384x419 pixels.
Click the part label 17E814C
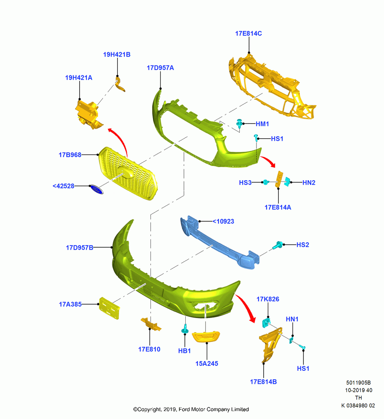coord(249,34)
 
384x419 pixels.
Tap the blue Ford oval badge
coord(96,189)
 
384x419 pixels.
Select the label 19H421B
coord(117,54)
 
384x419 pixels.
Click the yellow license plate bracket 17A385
coord(109,308)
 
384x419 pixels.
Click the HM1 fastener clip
coord(239,124)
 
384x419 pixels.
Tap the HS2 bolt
coord(278,245)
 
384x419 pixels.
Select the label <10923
coord(223,222)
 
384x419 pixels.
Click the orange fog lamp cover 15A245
coord(206,336)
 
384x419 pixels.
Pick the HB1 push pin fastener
coord(185,329)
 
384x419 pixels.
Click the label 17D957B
coord(79,248)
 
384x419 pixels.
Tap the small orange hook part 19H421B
coord(119,84)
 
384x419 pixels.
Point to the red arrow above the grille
coord(119,140)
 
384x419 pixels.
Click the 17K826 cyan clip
coord(266,322)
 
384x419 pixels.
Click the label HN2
coord(309,183)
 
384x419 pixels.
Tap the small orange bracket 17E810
coord(151,324)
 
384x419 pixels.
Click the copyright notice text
coord(191,409)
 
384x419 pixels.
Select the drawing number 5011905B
coord(358,383)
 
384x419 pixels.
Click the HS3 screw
coord(266,182)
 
